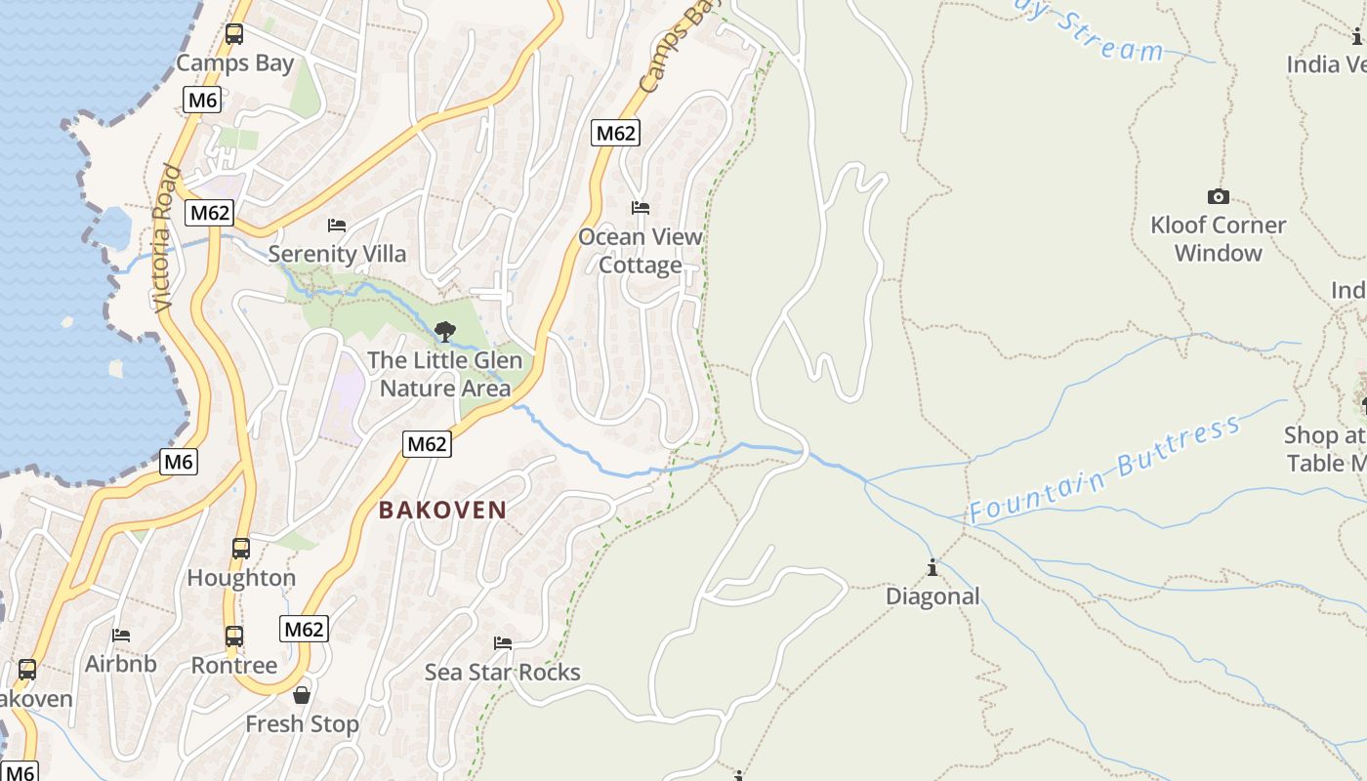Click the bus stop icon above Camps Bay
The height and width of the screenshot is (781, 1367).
coord(234,34)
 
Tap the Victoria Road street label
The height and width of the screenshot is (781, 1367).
coord(168,239)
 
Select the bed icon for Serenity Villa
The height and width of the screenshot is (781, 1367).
coord(337,225)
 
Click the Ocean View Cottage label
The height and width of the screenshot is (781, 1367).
coord(641,251)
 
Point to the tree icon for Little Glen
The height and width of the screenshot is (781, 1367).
coord(445,332)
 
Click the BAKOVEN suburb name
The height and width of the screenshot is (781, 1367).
coord(442,510)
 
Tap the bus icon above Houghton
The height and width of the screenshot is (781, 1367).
coord(241,549)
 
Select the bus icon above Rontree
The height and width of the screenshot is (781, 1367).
coord(234,637)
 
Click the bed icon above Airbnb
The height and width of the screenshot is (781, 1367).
coord(121,635)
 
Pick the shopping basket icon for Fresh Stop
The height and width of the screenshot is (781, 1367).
coord(302,695)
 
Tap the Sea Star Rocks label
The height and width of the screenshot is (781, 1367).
coord(503,672)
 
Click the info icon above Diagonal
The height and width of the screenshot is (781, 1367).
coord(932,567)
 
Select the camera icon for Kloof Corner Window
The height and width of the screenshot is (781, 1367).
coord(1218,196)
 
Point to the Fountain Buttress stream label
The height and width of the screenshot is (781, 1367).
coord(1105,469)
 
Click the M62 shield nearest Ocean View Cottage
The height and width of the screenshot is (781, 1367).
coord(615,133)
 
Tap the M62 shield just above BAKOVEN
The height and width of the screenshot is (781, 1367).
coord(427,444)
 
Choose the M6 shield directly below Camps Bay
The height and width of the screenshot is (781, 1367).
coord(202,100)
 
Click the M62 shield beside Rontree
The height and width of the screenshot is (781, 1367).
coord(304,629)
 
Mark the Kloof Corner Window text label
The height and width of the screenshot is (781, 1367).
coord(1218,239)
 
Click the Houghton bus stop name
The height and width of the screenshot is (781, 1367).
coord(241,578)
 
